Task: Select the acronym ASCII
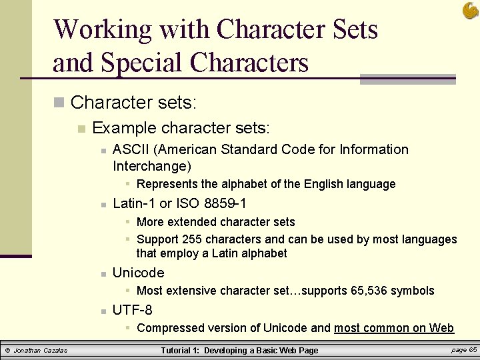(130, 149)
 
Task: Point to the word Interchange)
(152, 166)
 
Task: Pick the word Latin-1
(134, 203)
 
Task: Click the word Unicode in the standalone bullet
(138, 273)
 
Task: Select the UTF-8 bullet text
(132, 310)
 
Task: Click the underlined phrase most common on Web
(393, 328)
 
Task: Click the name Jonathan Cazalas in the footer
(41, 351)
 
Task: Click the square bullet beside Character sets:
(59, 103)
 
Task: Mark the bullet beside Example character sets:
(81, 128)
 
